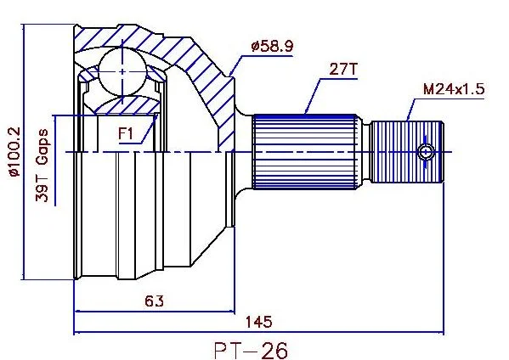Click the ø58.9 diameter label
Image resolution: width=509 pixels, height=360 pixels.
tap(272, 46)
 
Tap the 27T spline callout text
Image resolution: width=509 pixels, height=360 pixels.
tap(343, 69)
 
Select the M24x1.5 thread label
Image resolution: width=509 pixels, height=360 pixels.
tap(454, 88)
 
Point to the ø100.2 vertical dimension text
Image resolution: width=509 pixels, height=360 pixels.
tap(14, 151)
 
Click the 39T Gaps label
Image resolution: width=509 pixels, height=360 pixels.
tap(42, 166)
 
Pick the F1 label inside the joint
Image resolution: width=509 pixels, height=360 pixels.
tap(125, 133)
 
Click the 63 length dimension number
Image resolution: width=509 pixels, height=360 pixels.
tap(154, 301)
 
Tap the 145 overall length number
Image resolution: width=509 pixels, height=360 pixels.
tap(258, 322)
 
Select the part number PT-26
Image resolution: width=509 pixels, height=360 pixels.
tap(251, 351)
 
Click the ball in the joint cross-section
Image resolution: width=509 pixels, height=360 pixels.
tap(122, 72)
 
